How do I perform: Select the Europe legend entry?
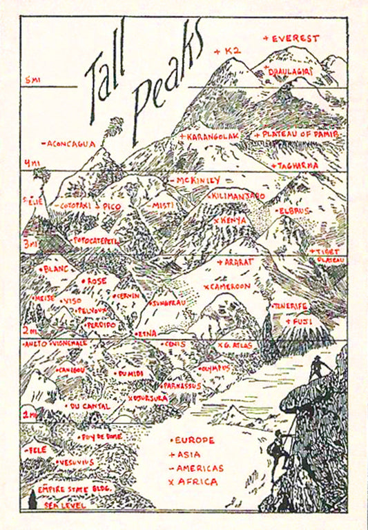[193, 440]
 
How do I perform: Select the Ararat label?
[236, 262]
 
